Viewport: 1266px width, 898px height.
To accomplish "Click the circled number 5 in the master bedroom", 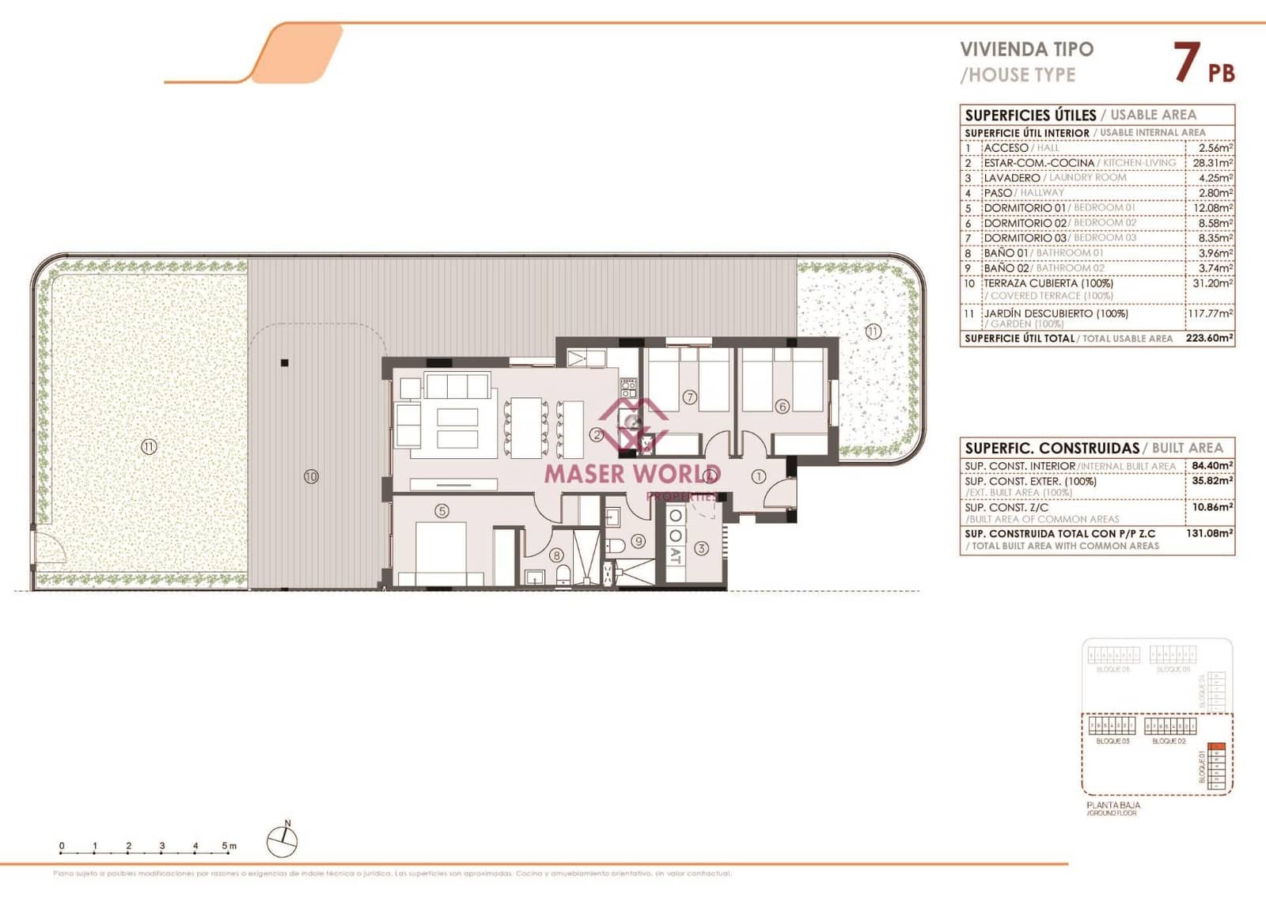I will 442,511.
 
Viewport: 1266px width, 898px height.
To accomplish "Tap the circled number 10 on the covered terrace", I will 311,476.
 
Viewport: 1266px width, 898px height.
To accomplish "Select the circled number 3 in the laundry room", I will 701,548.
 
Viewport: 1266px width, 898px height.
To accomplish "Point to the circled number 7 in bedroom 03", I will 689,397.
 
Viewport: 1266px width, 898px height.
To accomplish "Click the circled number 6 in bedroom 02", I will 782,407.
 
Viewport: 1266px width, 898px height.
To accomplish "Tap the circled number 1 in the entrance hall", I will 758,476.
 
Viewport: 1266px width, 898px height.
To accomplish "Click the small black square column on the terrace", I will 285,363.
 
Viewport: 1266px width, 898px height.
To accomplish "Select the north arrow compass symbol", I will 282,840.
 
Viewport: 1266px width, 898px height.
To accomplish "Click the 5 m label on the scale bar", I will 229,846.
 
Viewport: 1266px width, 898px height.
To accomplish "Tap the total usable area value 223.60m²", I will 1209,338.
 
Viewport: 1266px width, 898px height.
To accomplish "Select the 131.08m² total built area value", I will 1209,533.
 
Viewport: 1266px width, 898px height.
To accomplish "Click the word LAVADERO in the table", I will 1011,178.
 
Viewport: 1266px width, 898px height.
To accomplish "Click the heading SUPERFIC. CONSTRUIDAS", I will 1052,448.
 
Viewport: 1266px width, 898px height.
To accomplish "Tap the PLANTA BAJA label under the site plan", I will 1113,805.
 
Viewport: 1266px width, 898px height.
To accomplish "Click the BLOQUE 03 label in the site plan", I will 1112,741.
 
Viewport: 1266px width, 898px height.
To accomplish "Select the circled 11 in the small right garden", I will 872,332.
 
